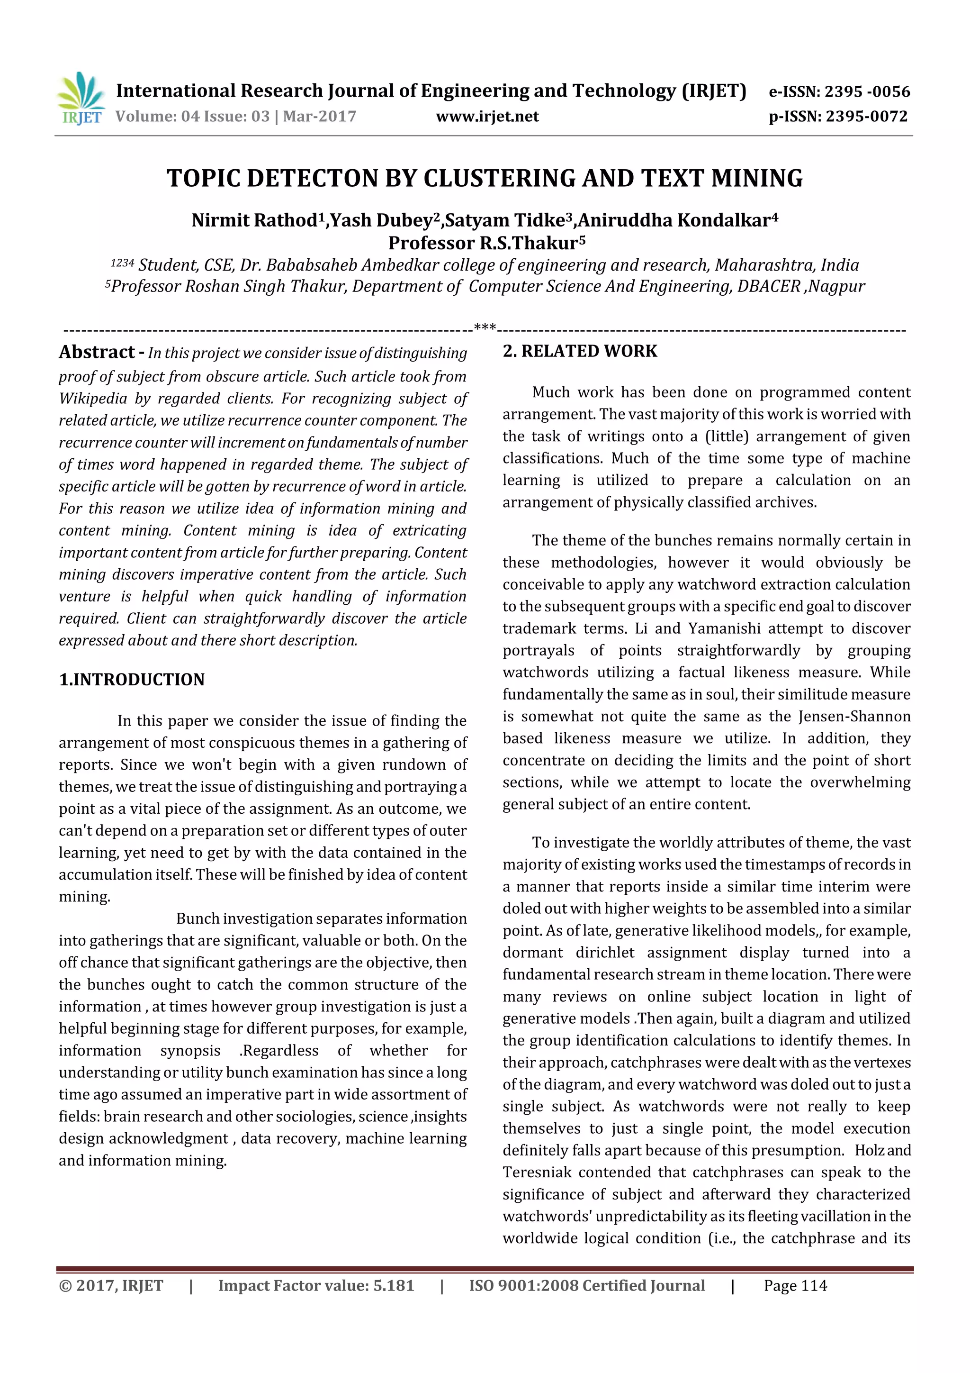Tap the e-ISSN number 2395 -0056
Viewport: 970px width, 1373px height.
coord(867,91)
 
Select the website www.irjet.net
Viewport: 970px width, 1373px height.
coord(487,116)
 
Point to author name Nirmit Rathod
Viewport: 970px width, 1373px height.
coord(254,221)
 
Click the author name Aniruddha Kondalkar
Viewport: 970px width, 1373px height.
coord(674,221)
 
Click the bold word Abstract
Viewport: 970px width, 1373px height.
coord(97,352)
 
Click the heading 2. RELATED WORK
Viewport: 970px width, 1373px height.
coord(580,351)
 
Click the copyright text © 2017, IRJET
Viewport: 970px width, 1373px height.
coord(111,1286)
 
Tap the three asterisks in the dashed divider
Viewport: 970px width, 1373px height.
coord(485,327)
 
